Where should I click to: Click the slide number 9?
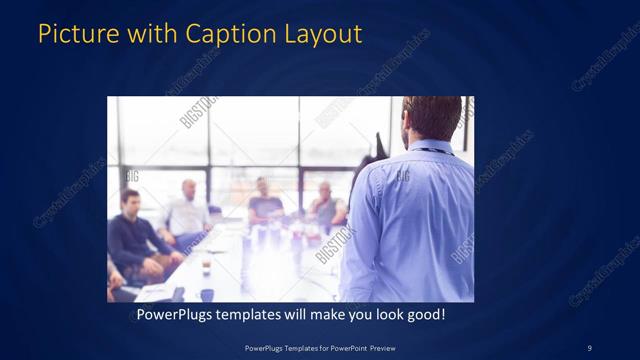pyautogui.click(x=589, y=347)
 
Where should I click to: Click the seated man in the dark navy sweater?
pyautogui.click(x=132, y=230)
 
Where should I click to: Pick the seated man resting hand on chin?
pyautogui.click(x=325, y=205)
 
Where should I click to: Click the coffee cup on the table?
pyautogui.click(x=206, y=266)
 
